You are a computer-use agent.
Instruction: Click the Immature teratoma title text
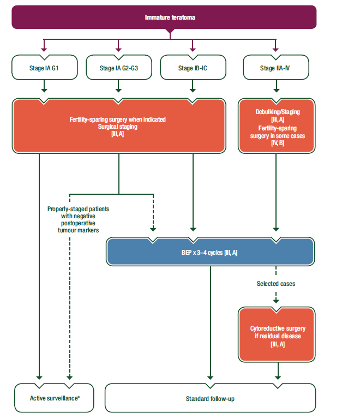(170, 17)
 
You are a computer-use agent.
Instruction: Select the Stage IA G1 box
(45, 68)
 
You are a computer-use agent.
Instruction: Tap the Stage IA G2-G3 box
(119, 68)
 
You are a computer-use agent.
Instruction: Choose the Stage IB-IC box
(193, 68)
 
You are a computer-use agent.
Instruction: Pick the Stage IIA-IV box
(276, 68)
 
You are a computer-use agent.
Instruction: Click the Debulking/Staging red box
(277, 126)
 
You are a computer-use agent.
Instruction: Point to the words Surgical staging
(117, 127)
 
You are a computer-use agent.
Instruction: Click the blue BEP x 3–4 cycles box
(210, 252)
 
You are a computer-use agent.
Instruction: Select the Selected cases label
(276, 284)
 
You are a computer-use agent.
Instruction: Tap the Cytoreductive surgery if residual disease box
(277, 334)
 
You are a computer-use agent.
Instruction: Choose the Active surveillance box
(54, 398)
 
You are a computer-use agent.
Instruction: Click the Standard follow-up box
(210, 398)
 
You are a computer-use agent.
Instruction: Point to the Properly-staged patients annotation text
(78, 219)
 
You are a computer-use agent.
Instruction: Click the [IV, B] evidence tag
(278, 143)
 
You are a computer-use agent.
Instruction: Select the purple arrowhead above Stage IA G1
(44, 50)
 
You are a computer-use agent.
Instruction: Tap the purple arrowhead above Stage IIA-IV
(276, 50)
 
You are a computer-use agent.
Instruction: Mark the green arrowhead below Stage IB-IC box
(193, 91)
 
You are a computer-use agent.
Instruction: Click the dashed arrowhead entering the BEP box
(153, 230)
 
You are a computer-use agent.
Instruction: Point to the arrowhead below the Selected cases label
(276, 301)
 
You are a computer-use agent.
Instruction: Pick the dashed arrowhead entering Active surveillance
(69, 378)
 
